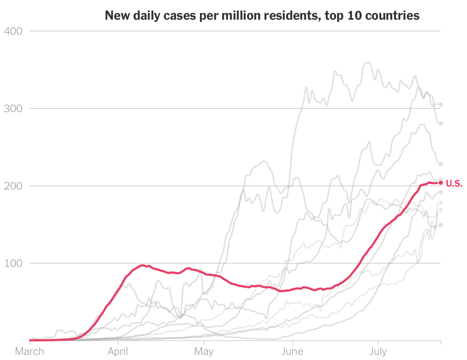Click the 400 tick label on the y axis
coord(13,31)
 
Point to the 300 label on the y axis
coord(13,108)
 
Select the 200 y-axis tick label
coord(13,186)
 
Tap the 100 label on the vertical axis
coord(13,263)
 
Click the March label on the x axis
coord(29,352)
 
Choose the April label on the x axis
coord(118,352)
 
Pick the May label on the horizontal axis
coord(204,352)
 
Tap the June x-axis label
coord(292,352)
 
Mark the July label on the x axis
coord(378,352)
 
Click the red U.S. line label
coord(454,184)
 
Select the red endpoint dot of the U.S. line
coord(441,183)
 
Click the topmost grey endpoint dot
coord(441,104)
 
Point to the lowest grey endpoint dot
coord(441,225)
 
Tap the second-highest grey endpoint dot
coord(441,124)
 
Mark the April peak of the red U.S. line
coord(143,265)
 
